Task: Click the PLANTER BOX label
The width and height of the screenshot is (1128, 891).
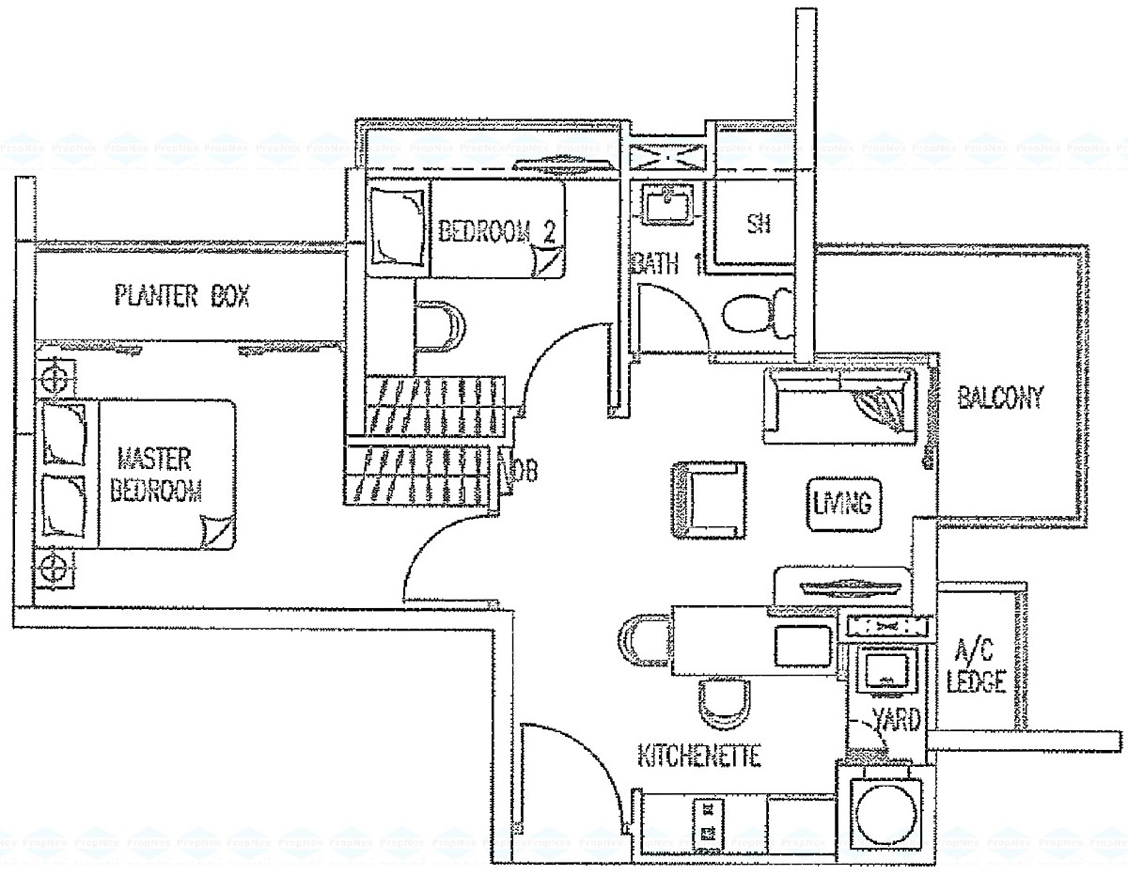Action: (x=181, y=297)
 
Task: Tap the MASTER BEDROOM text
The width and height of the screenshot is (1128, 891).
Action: (x=156, y=476)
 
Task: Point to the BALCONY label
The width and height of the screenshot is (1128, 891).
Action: (x=1000, y=399)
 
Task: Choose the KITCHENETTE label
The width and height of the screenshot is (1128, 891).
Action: (x=698, y=755)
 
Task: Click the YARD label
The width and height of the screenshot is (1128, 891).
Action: (x=896, y=721)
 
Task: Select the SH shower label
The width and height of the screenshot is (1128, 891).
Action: (x=759, y=224)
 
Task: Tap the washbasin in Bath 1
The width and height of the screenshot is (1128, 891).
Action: (x=669, y=202)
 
